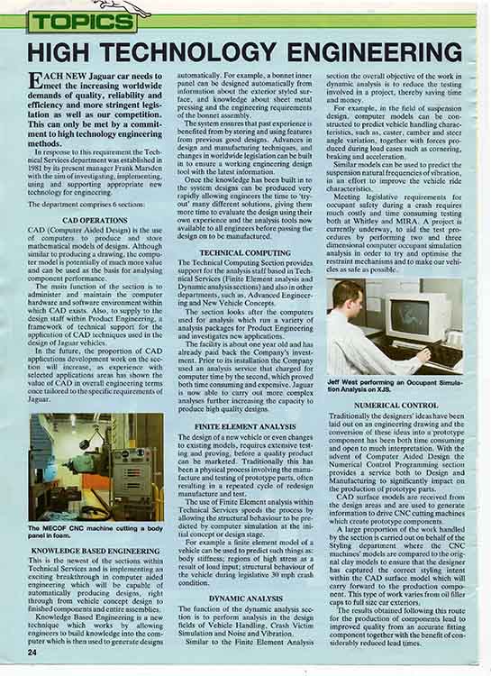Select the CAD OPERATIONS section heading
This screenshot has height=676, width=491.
(95, 219)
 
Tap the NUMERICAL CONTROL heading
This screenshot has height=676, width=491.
(396, 406)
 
